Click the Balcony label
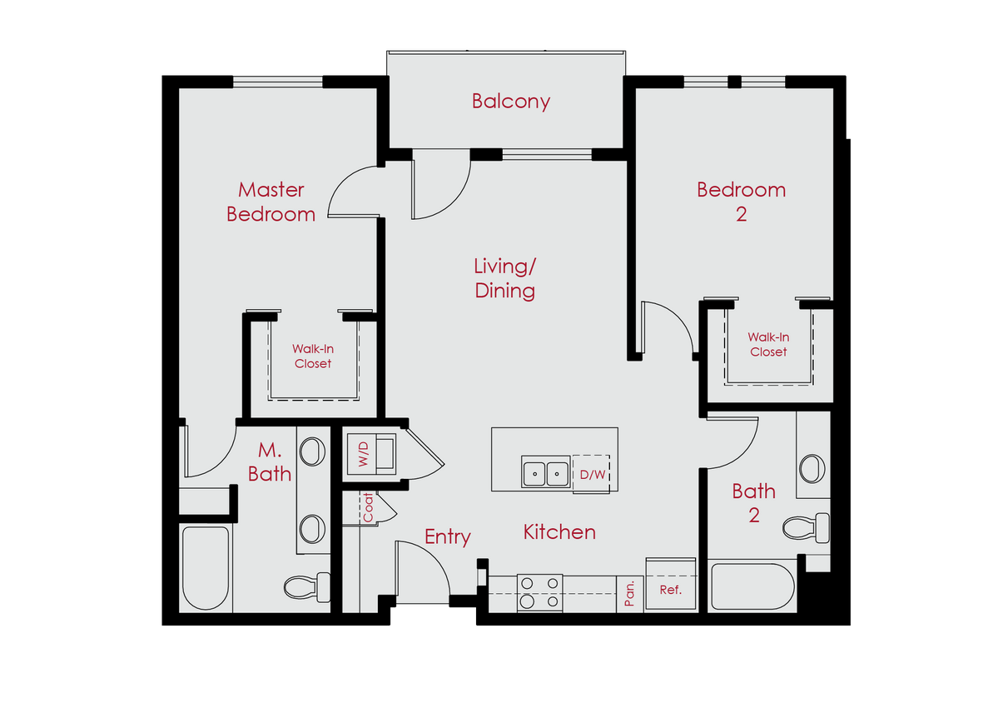coord(510,102)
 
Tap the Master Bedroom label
coord(271,202)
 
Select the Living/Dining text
coord(504,279)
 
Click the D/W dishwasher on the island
coord(591,474)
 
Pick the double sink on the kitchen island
coord(545,472)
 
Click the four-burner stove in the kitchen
coord(539,592)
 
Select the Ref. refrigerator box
coord(671,591)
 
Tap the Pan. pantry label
coord(630,593)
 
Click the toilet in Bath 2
coord(807,527)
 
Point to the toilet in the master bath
coord(307,586)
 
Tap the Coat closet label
coord(367,508)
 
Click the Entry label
coord(447,537)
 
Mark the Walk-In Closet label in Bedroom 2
coord(768,345)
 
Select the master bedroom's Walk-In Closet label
coord(312,356)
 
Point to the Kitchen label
coord(559,532)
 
